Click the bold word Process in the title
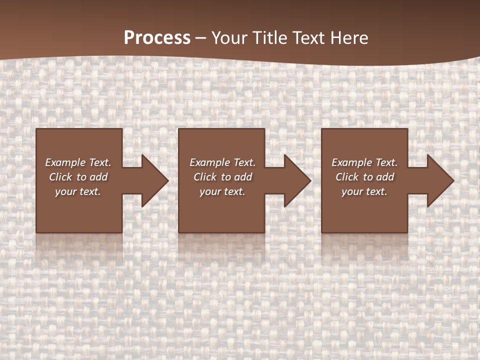(x=157, y=38)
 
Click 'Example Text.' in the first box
(x=78, y=162)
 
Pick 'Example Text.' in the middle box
(x=222, y=162)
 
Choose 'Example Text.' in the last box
(x=364, y=162)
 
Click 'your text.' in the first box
(x=78, y=191)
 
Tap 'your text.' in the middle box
(x=222, y=191)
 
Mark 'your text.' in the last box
(x=364, y=191)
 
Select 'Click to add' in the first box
(x=78, y=177)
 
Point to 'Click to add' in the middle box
(x=222, y=177)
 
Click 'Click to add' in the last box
(x=364, y=177)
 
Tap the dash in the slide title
(x=201, y=38)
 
